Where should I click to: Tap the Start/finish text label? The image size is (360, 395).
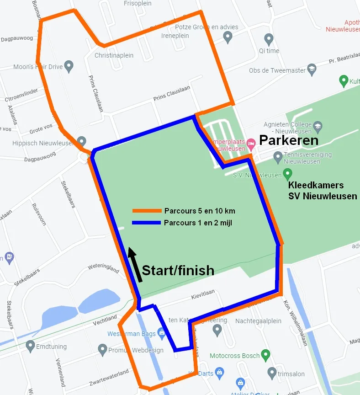(178, 270)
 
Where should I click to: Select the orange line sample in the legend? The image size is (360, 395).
(147, 211)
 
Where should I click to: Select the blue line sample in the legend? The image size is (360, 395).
(147, 223)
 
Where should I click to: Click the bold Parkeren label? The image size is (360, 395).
(289, 140)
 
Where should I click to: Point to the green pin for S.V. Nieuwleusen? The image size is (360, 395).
(287, 174)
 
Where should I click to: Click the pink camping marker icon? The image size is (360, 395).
(251, 144)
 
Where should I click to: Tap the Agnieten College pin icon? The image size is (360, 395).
(318, 125)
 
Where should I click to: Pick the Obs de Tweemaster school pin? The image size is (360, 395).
(312, 69)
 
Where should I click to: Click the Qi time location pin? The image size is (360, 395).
(269, 38)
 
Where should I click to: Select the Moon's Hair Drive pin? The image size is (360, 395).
(69, 66)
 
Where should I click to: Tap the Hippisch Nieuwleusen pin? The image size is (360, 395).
(81, 141)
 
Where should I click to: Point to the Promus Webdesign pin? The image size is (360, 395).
(102, 350)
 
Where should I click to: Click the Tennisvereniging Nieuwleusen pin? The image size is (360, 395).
(277, 158)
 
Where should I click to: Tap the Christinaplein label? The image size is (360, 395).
(114, 55)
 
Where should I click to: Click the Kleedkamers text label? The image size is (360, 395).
(316, 186)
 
